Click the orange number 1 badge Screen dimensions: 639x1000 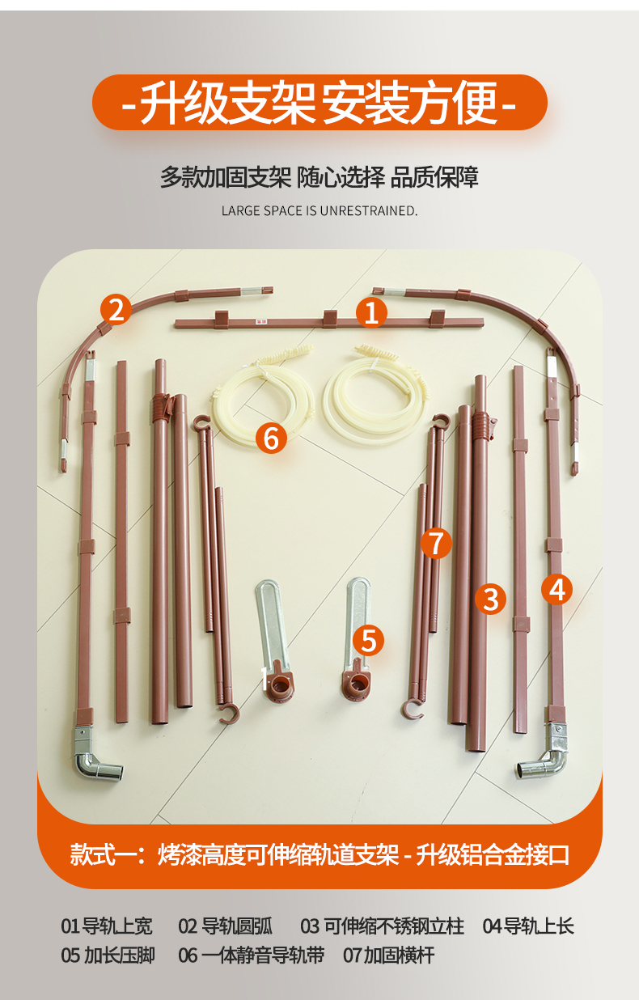[371, 312]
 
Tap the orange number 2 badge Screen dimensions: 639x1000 [116, 310]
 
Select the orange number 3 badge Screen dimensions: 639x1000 [490, 599]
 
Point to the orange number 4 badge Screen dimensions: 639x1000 [556, 589]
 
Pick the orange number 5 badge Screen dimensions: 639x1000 [368, 641]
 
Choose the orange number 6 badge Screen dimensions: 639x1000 [271, 438]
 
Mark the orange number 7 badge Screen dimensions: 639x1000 [437, 543]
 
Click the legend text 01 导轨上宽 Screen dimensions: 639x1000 [107, 926]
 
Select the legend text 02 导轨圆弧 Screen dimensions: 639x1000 [226, 926]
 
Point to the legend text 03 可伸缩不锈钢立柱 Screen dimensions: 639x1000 [383, 926]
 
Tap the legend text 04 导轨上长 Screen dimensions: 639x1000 [528, 926]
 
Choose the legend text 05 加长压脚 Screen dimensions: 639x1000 [108, 956]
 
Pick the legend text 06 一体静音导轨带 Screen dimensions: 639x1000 [252, 956]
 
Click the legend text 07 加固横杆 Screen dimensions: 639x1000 [389, 956]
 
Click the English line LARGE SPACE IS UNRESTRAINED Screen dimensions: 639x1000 [319, 210]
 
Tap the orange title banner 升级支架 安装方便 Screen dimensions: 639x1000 [319, 102]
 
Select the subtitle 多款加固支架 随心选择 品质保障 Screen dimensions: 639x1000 [319, 177]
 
